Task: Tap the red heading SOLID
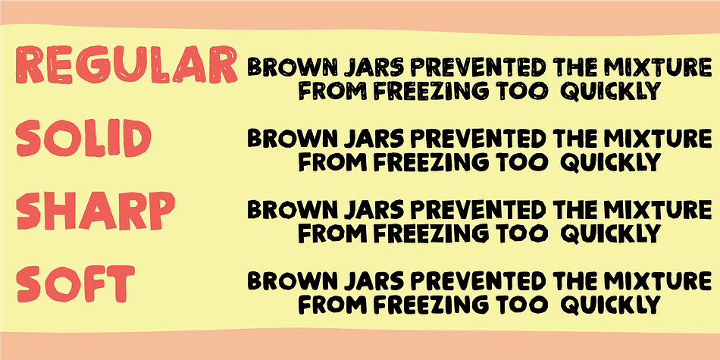(x=84, y=137)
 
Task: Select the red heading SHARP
(x=95, y=209)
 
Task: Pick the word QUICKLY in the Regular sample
(x=611, y=91)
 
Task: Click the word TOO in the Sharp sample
(x=520, y=233)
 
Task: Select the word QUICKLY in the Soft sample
(x=611, y=305)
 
